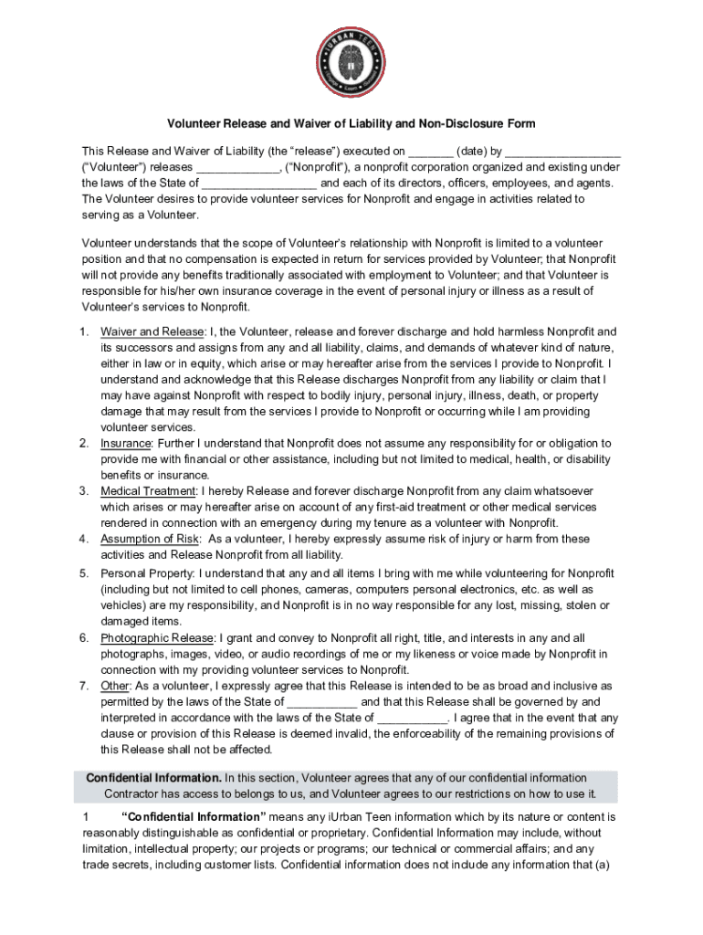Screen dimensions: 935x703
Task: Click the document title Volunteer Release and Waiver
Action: tap(351, 123)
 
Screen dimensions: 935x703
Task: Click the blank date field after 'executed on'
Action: tap(431, 151)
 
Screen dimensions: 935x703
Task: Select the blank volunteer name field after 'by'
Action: tap(562, 151)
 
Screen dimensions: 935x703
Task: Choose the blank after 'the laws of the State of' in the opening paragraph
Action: tap(259, 183)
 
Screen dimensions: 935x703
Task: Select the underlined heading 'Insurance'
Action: tap(125, 443)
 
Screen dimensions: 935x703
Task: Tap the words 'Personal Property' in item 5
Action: tap(146, 573)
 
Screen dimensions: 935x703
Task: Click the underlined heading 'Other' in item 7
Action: tap(115, 686)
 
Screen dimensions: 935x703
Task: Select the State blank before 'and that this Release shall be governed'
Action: tap(323, 702)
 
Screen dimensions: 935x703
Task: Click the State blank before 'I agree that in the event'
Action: tap(412, 718)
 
